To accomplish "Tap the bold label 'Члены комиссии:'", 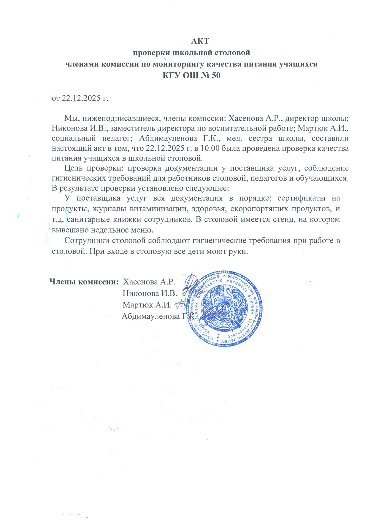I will click(84, 281).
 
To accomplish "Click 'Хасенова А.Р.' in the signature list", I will click(149, 281).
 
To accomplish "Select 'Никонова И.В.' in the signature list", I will click(150, 293).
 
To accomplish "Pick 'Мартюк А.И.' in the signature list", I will click(147, 305).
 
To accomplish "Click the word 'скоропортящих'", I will click(252, 209).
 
